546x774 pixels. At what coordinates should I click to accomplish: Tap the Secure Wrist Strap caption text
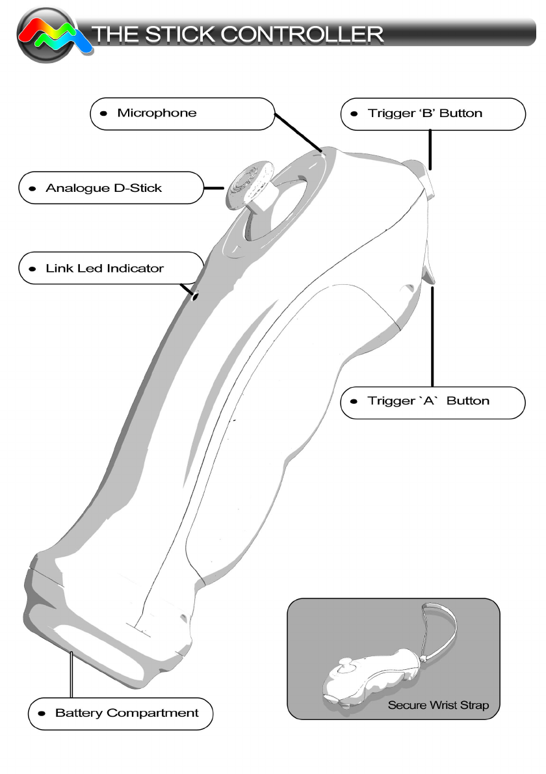click(438, 705)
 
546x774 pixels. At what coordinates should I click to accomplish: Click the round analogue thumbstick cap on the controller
click(246, 184)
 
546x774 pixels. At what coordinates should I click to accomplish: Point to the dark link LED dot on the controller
click(194, 296)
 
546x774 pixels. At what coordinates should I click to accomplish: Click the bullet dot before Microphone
click(104, 113)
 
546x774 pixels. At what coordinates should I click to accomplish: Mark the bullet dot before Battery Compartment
click(42, 714)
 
